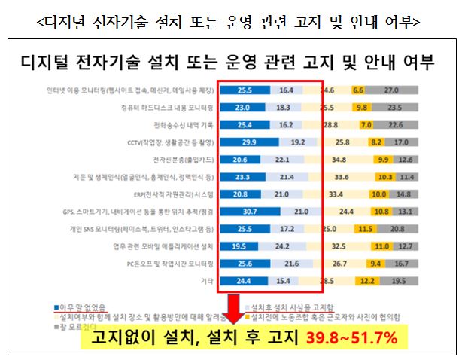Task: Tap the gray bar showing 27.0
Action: [391, 89]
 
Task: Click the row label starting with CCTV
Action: [172, 141]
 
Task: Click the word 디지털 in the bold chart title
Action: [52, 61]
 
